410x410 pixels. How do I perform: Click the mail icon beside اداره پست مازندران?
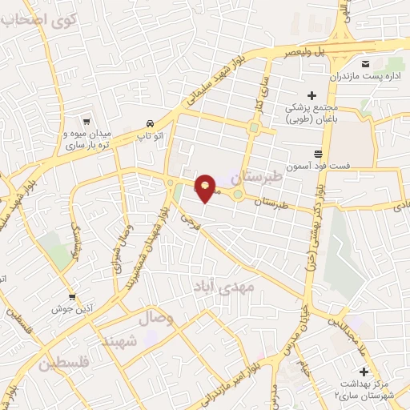coord(364,63)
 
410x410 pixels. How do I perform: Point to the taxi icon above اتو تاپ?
coord(151,123)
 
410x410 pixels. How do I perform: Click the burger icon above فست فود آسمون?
coord(318,153)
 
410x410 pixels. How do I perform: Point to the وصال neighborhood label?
coord(157,319)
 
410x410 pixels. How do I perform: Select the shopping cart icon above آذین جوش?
coord(73,296)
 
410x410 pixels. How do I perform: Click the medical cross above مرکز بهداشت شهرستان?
coord(364,372)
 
